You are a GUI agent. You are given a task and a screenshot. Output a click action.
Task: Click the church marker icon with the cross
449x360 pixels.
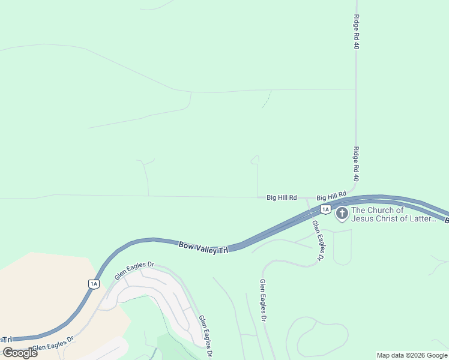[x=342, y=214]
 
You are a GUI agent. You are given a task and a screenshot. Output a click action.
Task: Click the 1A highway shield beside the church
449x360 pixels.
[x=325, y=209]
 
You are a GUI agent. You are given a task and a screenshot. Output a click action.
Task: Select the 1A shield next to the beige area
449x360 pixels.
[x=93, y=284]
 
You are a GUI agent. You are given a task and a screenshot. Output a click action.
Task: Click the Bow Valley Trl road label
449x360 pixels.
[x=203, y=247]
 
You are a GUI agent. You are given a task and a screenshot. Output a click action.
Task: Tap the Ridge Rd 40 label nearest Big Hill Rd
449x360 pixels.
[x=356, y=164]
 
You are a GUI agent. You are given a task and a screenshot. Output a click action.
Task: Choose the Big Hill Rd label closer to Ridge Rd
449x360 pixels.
[x=331, y=196]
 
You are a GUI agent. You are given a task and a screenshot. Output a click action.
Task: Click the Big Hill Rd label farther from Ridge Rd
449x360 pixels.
[x=282, y=197]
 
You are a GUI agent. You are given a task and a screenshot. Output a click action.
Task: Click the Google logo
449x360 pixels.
[x=20, y=352]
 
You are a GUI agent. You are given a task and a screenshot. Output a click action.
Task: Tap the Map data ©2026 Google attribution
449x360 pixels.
[x=412, y=355]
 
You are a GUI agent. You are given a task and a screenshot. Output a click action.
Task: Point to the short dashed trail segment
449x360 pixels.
[x=267, y=100]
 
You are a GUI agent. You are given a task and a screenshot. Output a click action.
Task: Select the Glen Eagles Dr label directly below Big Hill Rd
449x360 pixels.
[x=317, y=241]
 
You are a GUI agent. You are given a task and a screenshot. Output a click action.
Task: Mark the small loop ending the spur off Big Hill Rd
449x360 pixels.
[x=255, y=160]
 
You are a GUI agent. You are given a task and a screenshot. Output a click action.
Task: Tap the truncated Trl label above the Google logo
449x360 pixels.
[x=7, y=340]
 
